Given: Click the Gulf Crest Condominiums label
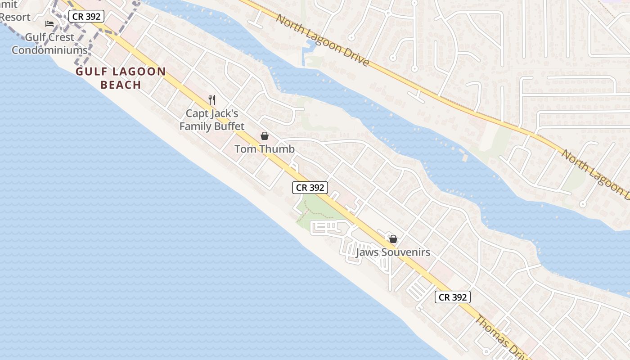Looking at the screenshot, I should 49,43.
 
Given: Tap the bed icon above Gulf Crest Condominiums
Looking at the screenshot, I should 49,23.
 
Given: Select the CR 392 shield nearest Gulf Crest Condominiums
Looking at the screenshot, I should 86,17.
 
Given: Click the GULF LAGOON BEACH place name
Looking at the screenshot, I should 121,78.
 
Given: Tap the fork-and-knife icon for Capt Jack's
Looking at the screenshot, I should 212,99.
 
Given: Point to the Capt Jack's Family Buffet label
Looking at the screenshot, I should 211,120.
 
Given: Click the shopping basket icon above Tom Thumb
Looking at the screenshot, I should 265,136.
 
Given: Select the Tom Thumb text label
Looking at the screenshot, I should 265,149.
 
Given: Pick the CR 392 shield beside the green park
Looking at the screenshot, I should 310,188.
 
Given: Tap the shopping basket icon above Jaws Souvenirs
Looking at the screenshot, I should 393,239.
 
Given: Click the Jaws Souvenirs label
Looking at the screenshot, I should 393,252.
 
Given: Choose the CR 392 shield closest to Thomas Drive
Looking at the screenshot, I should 453,297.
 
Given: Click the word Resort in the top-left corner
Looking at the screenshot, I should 15,17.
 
